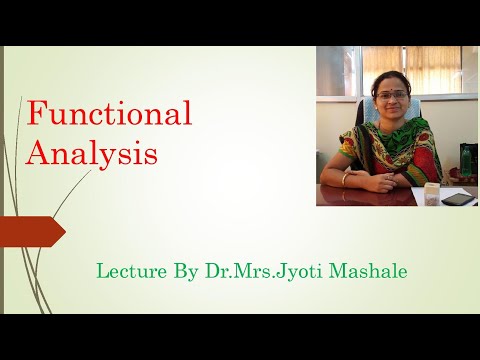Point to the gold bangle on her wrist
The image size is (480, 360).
(x=347, y=178)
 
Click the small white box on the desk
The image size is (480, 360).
(x=433, y=192)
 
